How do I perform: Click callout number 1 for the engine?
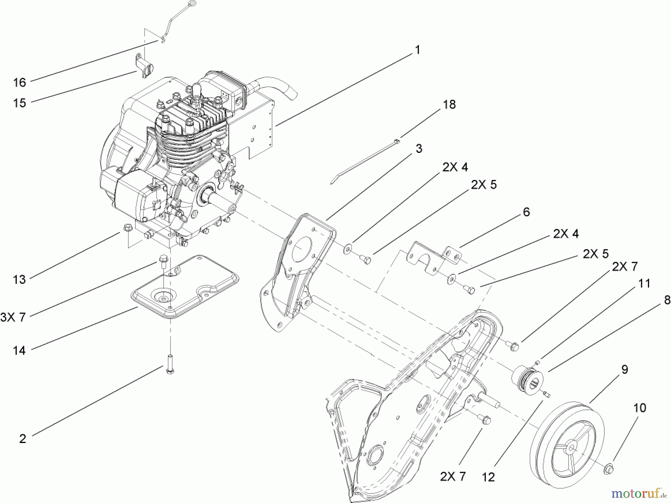pos(418,50)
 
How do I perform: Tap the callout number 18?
pos(449,104)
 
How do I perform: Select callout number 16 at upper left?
pos(19,82)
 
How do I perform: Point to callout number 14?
pos(19,350)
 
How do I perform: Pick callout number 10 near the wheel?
pos(639,408)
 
